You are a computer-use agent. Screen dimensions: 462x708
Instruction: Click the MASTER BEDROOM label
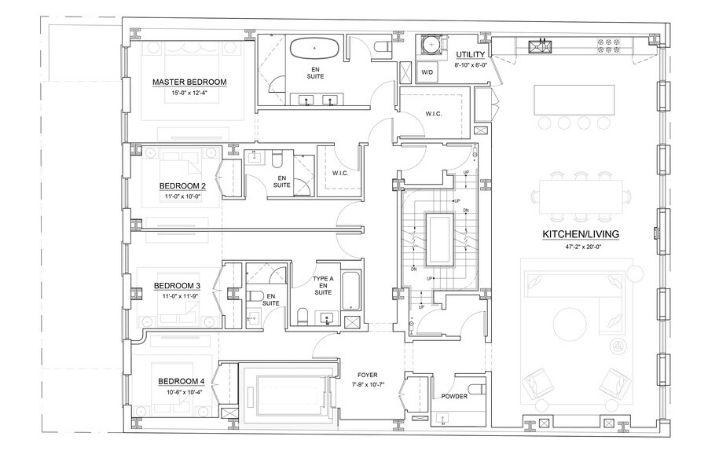[189, 82]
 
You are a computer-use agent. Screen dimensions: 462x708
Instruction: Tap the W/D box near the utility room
[427, 71]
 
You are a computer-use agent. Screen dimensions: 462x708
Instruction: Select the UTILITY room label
[470, 53]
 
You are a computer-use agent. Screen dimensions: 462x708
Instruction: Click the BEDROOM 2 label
[182, 186]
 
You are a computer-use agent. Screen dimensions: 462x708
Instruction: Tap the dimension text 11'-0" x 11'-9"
[177, 296]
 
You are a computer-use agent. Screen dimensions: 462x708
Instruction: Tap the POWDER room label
[455, 396]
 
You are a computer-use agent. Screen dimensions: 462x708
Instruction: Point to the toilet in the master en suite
[382, 48]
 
